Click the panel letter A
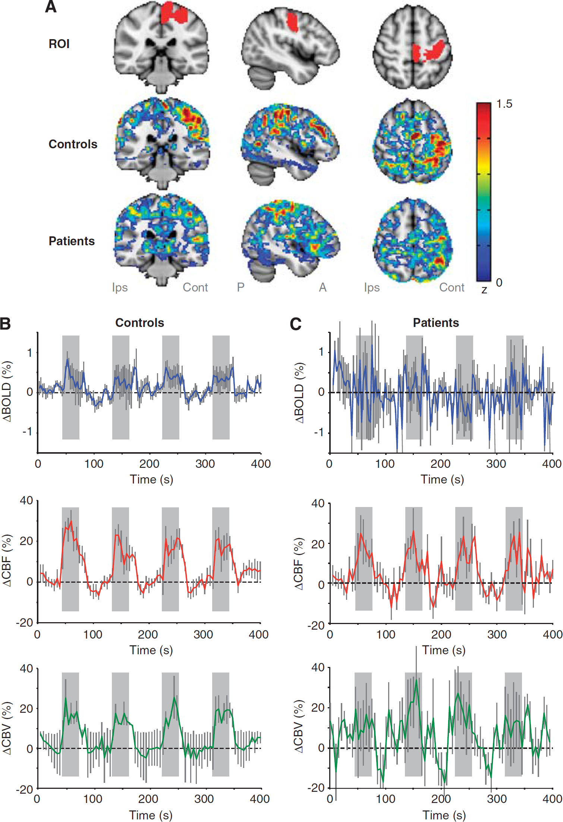click(51, 7)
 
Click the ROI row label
click(59, 44)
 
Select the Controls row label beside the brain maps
click(73, 144)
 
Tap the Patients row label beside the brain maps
click(72, 241)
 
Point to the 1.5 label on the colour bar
click(504, 104)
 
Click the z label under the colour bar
click(484, 290)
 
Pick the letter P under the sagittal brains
click(241, 287)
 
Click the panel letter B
click(5, 324)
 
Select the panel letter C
click(296, 324)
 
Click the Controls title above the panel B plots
click(140, 323)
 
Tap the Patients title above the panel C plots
click(436, 323)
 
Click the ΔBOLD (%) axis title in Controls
click(7, 391)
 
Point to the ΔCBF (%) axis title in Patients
click(299, 564)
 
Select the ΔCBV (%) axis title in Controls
click(7, 728)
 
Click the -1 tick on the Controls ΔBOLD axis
click(27, 432)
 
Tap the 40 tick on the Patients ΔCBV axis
click(318, 667)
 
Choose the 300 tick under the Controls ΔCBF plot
click(204, 634)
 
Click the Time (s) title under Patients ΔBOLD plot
click(443, 479)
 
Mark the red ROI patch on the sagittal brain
click(293, 22)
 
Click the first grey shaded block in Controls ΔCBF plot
click(70, 559)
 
